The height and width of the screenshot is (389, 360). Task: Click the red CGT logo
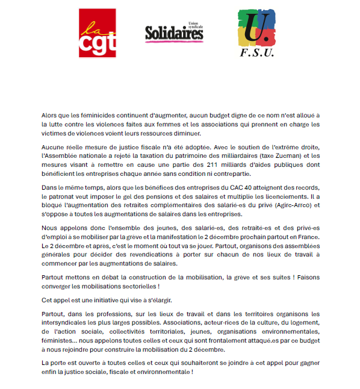coord(97,33)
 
